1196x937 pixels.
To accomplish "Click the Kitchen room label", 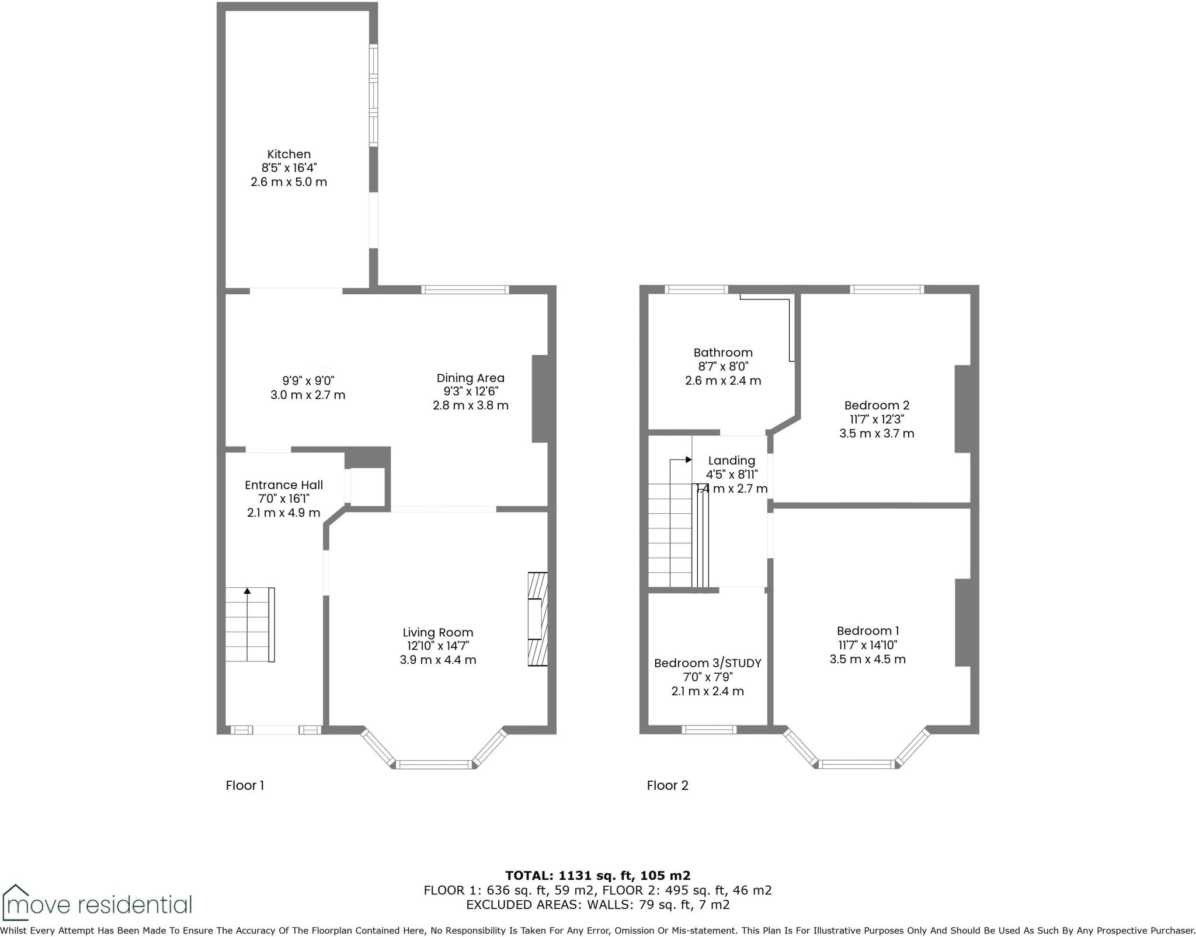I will click(x=288, y=154).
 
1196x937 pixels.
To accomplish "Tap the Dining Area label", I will click(x=470, y=378).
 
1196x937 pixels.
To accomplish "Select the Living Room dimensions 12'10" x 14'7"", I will click(x=438, y=646).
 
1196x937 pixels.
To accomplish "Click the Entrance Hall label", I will click(x=283, y=485).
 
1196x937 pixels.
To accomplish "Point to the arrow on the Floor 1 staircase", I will click(x=247, y=591).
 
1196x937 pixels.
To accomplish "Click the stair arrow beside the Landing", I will click(x=688, y=460).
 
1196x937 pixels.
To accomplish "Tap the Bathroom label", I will click(x=722, y=353).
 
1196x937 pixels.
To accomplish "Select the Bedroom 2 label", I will click(x=877, y=405).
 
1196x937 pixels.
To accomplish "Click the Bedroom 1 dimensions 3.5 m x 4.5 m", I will click(x=867, y=659).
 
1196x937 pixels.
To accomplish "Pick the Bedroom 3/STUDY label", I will click(x=707, y=663).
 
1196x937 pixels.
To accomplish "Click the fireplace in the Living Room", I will click(x=537, y=619).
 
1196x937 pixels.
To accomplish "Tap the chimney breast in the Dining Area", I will click(x=540, y=399).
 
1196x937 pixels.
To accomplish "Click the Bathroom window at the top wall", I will click(x=696, y=289).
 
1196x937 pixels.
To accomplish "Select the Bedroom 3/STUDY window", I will click(x=709, y=729).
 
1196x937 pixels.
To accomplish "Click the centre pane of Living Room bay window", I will click(x=433, y=764).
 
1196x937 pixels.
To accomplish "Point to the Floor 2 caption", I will click(x=667, y=786).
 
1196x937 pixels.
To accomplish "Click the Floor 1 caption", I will click(x=245, y=786).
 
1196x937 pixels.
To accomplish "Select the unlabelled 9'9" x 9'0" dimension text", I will click(x=308, y=381).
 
